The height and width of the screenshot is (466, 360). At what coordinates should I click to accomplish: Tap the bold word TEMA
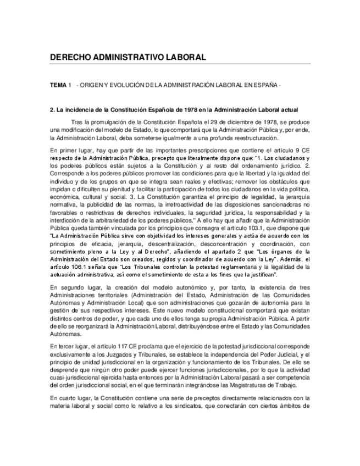tap(57, 86)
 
